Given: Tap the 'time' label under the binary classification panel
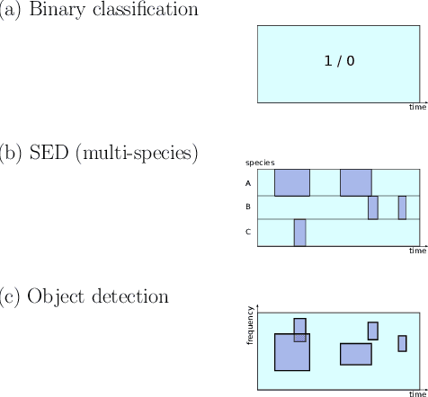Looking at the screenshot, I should point(417,108).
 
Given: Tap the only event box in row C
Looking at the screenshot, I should point(299,232).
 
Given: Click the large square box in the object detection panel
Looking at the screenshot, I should point(291,352).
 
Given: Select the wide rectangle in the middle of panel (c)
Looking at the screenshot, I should point(355,353).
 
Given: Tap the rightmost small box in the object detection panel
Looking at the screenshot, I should point(402,343).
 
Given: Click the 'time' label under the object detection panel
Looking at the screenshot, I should point(417,393).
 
